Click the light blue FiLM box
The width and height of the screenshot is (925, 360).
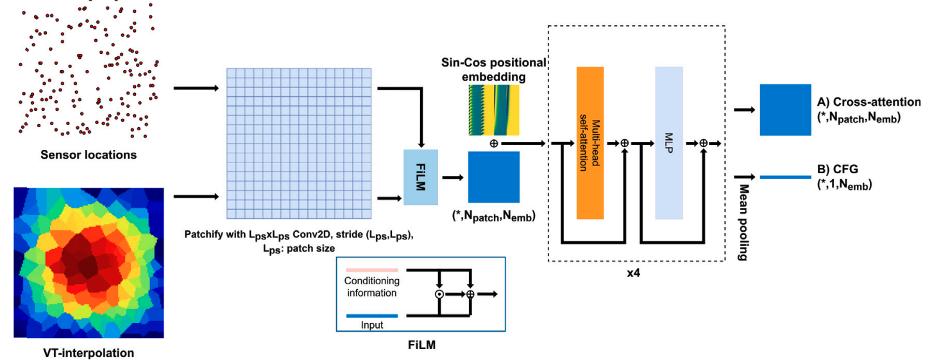click(420, 177)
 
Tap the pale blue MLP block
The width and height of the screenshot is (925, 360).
click(668, 142)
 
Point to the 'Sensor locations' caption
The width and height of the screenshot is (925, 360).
click(88, 155)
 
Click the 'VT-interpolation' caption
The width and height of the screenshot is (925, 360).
click(88, 352)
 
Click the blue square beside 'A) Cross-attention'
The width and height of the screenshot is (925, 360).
click(785, 110)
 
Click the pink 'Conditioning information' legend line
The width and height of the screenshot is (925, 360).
click(371, 270)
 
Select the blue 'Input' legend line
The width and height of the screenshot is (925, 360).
click(371, 315)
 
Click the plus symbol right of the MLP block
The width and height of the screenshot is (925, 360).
click(703, 143)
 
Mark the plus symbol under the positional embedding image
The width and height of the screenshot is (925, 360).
click(493, 143)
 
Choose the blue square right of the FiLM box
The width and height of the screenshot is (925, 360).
click(493, 177)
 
